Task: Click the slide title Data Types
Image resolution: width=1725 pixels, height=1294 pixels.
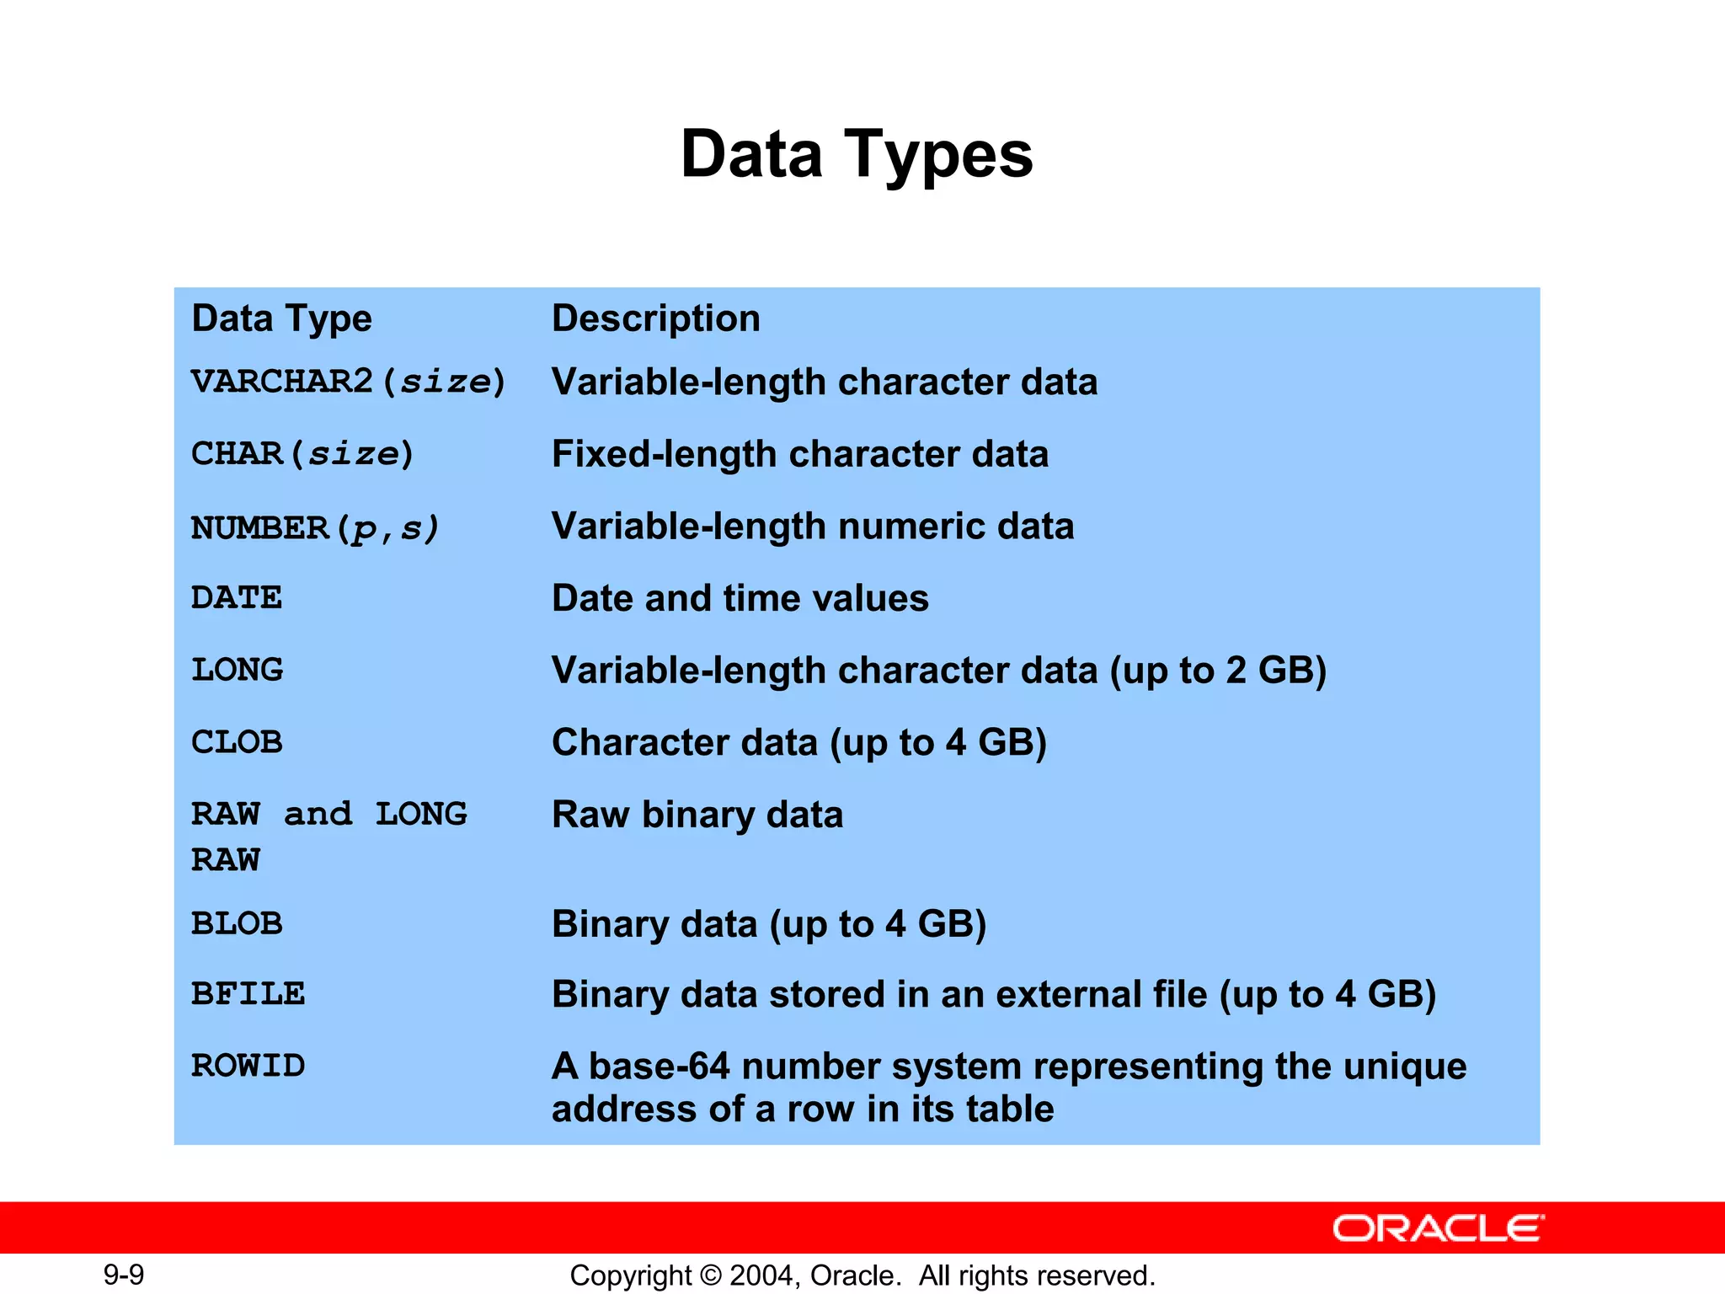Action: pos(857,155)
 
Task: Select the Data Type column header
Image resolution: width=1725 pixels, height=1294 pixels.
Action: pos(281,318)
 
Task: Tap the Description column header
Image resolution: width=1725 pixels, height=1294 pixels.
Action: pos(655,318)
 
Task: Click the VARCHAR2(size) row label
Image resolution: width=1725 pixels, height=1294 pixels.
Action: pos(348,382)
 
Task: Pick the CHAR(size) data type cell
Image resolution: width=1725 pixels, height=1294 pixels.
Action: pos(302,454)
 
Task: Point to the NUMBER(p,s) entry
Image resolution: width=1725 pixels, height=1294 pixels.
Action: pos(315,528)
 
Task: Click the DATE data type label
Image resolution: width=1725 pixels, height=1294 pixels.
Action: pos(237,598)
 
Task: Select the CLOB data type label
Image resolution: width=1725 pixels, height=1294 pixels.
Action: pos(237,742)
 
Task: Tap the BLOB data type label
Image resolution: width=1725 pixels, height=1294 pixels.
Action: pos(237,923)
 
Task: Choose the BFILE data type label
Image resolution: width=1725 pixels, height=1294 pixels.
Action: pos(248,994)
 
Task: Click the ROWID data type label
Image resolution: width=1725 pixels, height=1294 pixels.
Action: pos(248,1066)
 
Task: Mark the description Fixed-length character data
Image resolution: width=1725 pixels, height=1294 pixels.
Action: pos(799,454)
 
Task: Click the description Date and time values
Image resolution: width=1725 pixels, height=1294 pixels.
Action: pos(740,598)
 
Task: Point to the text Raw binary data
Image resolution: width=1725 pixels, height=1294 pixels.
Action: pos(697,815)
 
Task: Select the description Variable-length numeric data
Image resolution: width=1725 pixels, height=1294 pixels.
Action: pos(812,527)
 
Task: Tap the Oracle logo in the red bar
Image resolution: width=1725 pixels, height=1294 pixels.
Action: pos(1438,1228)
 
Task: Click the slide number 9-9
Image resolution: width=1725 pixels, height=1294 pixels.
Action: pos(124,1275)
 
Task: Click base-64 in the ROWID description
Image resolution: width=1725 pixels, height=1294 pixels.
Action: pos(659,1067)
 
